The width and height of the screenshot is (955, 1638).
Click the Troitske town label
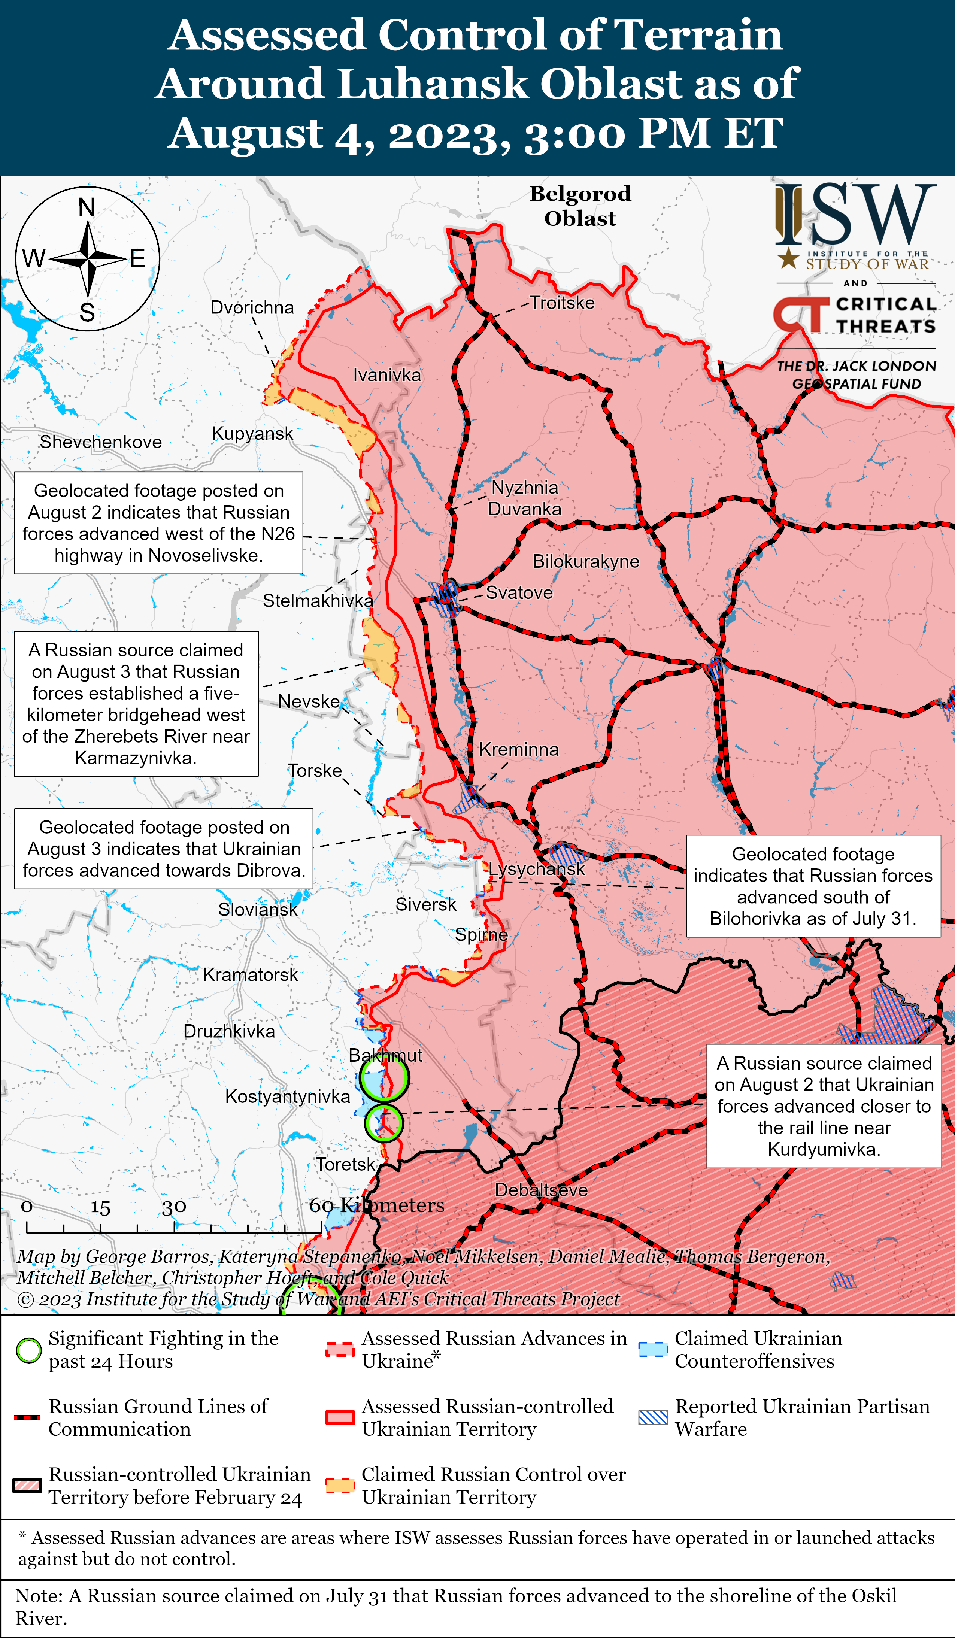tap(562, 303)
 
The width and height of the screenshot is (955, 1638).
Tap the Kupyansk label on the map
tap(252, 434)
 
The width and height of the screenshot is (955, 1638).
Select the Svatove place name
tap(519, 593)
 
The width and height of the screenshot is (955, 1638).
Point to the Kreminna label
tap(519, 749)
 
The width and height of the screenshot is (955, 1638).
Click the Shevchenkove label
tap(101, 442)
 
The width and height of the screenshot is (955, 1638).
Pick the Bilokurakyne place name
tap(586, 562)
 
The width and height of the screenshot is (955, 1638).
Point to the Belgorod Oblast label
tap(580, 205)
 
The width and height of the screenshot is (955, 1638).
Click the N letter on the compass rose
tap(87, 207)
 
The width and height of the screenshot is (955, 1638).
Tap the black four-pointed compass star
tap(87, 259)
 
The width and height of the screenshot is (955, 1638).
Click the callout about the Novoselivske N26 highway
tap(159, 523)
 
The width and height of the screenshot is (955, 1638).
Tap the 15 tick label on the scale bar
tap(100, 1208)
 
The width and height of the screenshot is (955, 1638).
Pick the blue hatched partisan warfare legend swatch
tap(653, 1418)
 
